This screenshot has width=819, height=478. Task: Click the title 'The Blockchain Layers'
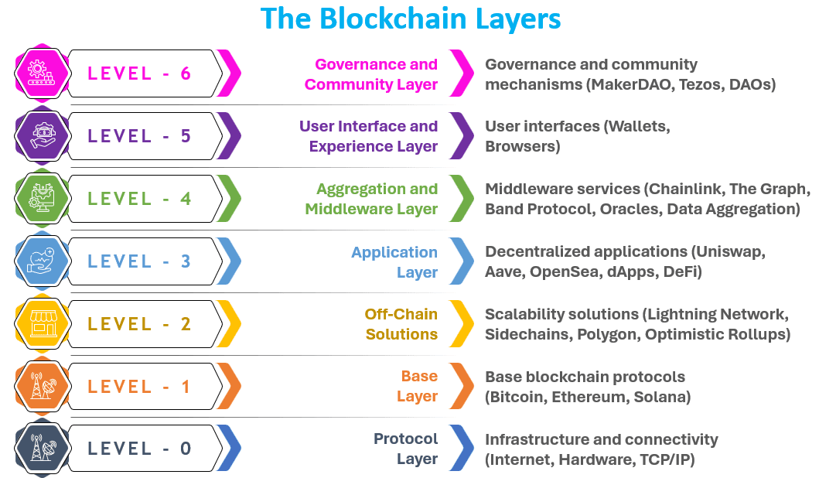tap(411, 19)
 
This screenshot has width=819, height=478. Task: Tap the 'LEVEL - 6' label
tap(139, 73)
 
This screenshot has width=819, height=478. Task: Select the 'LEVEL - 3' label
tap(139, 261)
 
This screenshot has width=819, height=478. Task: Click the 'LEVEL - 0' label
tap(139, 448)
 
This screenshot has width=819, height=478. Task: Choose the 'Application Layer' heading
tap(394, 262)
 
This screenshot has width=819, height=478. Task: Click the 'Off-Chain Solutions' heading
tap(401, 324)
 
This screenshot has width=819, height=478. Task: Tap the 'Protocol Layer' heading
tap(406, 449)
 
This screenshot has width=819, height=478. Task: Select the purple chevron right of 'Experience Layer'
tap(462, 136)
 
